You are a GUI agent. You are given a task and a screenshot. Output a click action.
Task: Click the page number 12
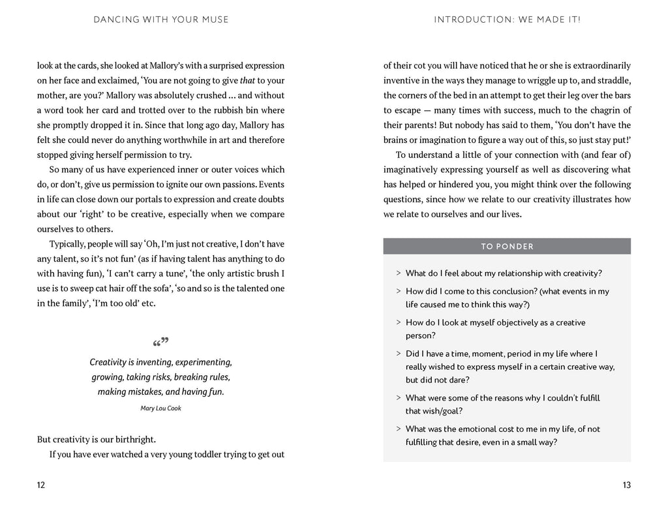coord(42,485)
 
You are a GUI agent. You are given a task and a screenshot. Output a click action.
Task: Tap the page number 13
coord(626,485)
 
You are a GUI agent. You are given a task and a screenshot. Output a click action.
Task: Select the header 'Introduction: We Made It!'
coord(507,20)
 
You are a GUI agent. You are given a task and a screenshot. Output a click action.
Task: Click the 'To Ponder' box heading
coord(507,247)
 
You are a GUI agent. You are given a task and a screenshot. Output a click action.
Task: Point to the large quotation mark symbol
coord(160,342)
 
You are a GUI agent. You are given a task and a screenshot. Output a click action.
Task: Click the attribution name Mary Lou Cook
coord(160,408)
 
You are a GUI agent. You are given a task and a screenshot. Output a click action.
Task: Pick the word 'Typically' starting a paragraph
coord(69,243)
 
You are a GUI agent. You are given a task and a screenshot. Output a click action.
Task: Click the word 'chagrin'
coord(586,110)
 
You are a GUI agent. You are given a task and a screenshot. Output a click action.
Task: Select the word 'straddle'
coord(612,80)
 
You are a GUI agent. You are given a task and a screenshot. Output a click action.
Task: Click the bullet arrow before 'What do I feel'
coord(398,273)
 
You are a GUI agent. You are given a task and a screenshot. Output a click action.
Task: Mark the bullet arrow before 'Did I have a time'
coord(398,354)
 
